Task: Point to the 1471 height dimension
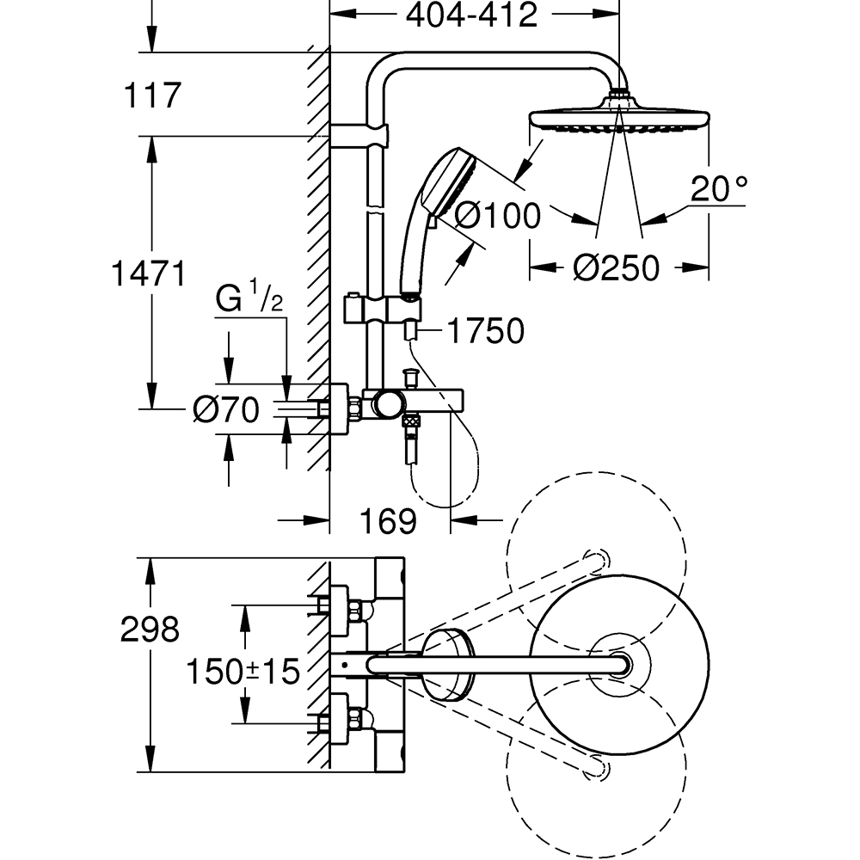[149, 275]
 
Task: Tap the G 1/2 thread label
[249, 299]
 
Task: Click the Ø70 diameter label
[224, 411]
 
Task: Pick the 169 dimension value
[388, 520]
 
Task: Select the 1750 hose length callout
[484, 330]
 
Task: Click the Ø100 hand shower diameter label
[497, 215]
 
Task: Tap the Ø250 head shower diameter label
[616, 268]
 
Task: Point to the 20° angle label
[719, 187]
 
